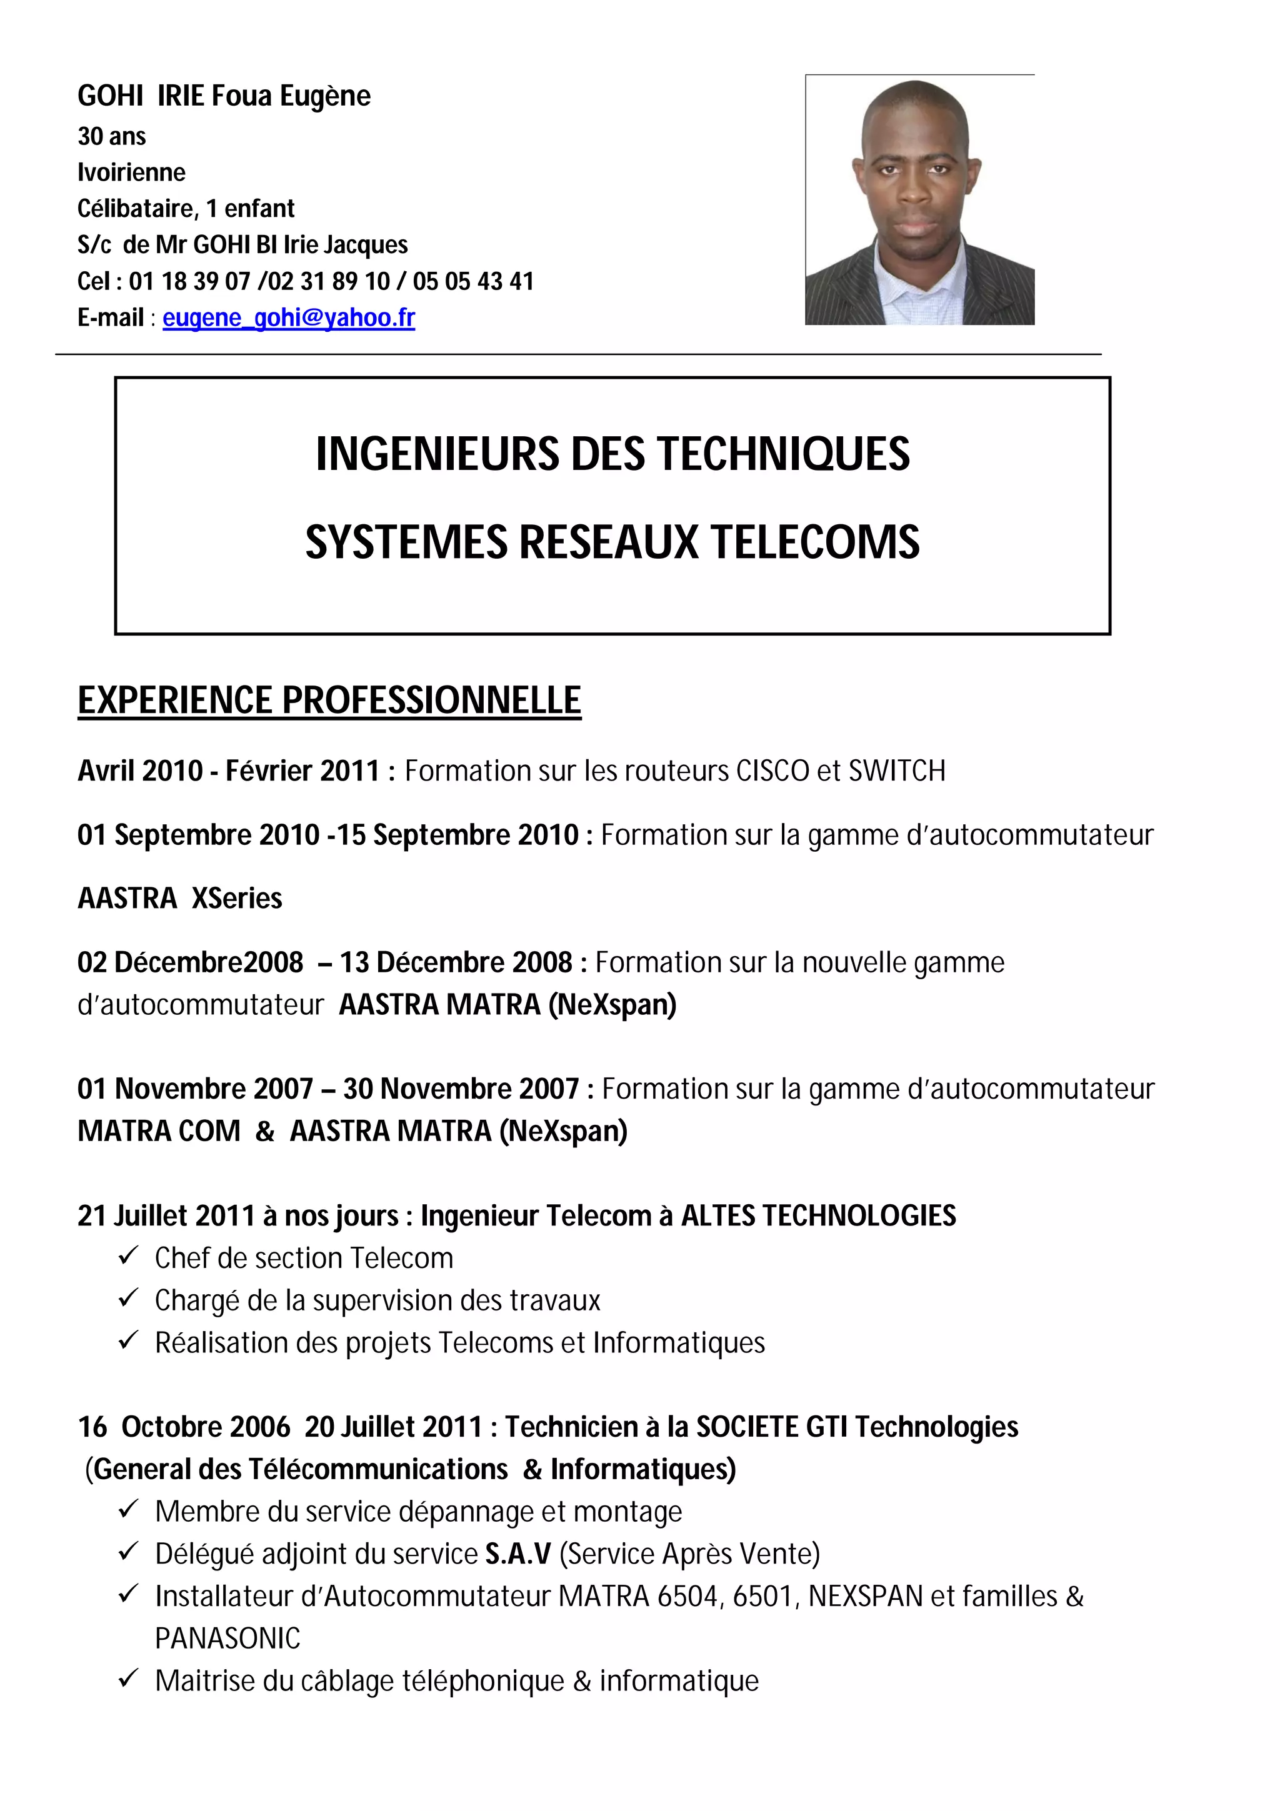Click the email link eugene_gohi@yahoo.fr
(x=289, y=318)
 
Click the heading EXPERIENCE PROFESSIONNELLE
(x=329, y=701)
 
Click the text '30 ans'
(x=111, y=136)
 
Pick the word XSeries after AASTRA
(x=237, y=899)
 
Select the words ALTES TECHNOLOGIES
(x=818, y=1215)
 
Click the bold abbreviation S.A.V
(x=518, y=1554)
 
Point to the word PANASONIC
(x=228, y=1639)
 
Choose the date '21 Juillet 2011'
(x=166, y=1215)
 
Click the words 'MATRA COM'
(x=159, y=1131)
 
